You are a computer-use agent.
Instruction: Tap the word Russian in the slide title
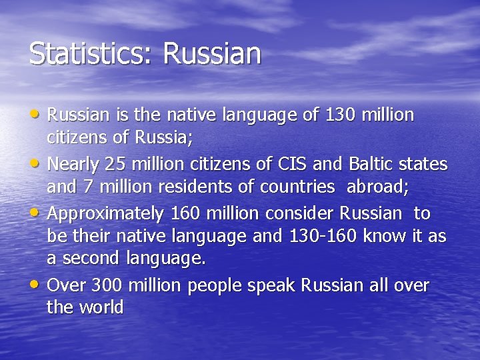tap(211, 54)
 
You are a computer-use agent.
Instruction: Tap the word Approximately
tap(106, 214)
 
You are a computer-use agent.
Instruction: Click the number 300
tap(107, 286)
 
